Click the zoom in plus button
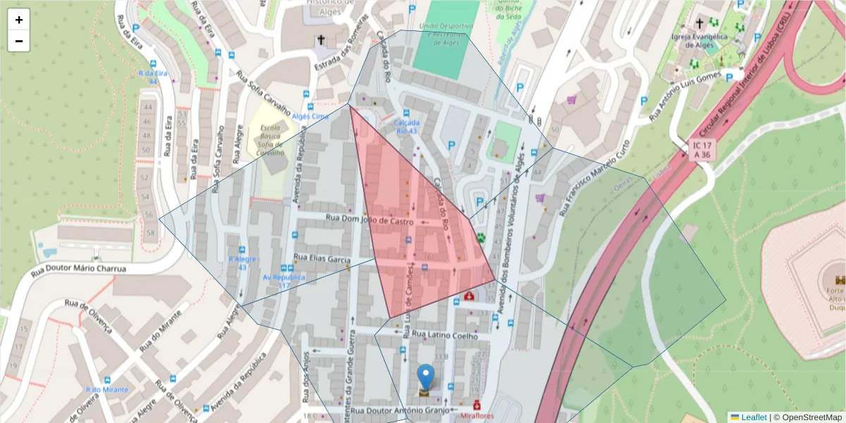19,20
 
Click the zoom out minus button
19,41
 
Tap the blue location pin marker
426,377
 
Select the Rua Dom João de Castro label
369,221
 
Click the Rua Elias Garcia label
322,259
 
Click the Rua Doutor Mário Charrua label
78,269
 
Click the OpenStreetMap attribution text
808,417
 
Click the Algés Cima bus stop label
310,116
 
